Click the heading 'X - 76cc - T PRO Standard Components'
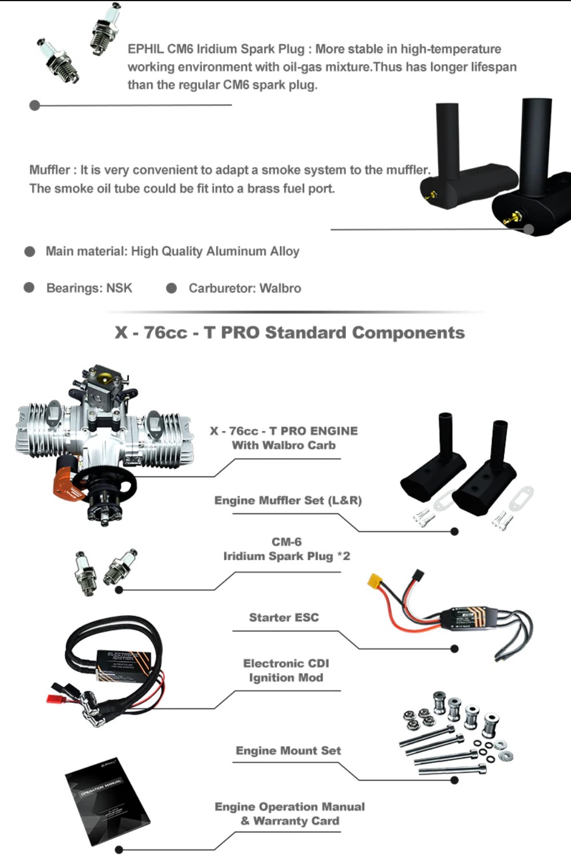[x=290, y=332]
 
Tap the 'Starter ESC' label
[x=283, y=617]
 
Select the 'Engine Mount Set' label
[x=288, y=750]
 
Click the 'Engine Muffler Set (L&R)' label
[x=288, y=500]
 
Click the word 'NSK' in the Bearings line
[x=119, y=288]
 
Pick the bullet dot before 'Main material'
[x=30, y=252]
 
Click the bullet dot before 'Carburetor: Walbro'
[x=171, y=288]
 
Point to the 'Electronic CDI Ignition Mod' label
[x=286, y=670]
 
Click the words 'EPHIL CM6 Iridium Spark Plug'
[x=216, y=49]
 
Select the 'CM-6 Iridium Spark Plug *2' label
[x=286, y=549]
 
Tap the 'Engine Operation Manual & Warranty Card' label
[x=290, y=814]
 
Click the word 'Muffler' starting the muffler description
[x=49, y=170]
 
